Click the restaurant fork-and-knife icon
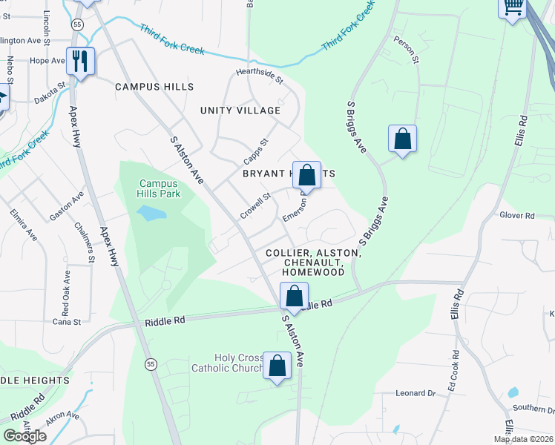[x=80, y=61]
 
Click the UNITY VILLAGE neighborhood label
[x=240, y=111]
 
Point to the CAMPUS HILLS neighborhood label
[x=154, y=87]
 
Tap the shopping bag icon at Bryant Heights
[x=306, y=176]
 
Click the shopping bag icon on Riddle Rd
[x=295, y=297]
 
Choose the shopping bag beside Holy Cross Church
[x=277, y=366]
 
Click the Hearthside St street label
[x=260, y=76]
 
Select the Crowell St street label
[x=254, y=206]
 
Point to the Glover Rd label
[x=517, y=216]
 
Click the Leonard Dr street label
[x=415, y=393]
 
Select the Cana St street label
[x=66, y=321]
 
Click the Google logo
[x=24, y=435]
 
